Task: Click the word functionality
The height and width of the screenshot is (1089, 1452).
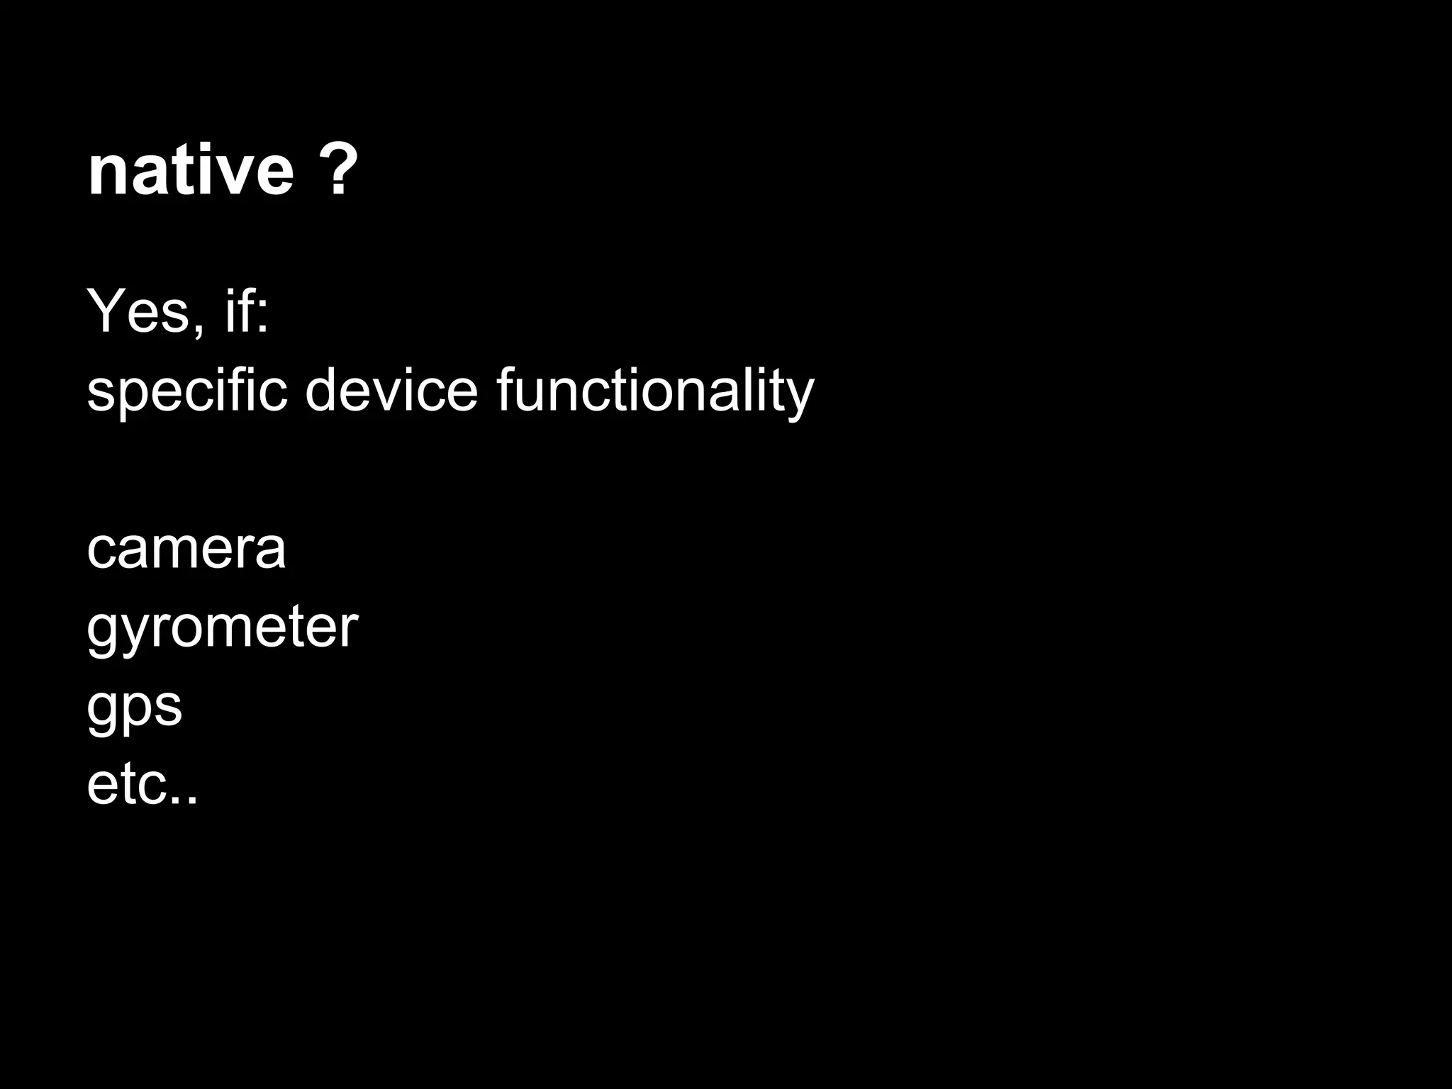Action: click(x=655, y=391)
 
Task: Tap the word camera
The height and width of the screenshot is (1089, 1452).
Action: click(x=186, y=549)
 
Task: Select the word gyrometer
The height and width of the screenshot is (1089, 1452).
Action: click(x=222, y=630)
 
